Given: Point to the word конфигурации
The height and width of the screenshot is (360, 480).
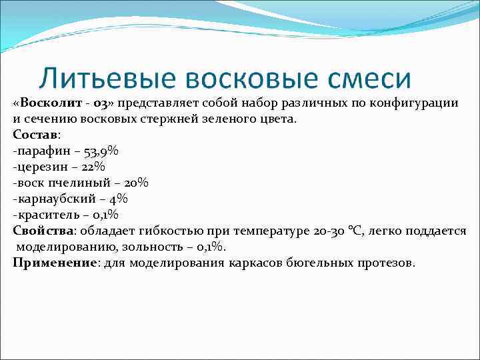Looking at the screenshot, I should tap(418, 103).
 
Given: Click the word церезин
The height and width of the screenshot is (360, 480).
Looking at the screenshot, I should tap(41, 167).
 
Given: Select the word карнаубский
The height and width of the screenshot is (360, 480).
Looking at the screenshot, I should tap(53, 199).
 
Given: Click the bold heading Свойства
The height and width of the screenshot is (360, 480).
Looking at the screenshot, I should tap(43, 231).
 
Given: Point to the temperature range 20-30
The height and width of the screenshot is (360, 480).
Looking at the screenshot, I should tap(329, 231).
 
